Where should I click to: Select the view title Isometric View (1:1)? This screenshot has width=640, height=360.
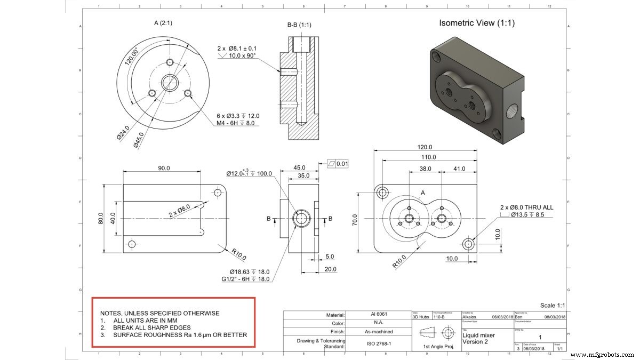[x=476, y=23]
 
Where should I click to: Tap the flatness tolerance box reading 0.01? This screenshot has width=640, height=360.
[x=338, y=164]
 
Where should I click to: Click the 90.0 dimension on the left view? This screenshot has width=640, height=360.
[x=163, y=167]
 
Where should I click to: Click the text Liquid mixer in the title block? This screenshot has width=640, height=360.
[x=478, y=335]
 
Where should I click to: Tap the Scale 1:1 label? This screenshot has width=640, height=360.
[x=552, y=306]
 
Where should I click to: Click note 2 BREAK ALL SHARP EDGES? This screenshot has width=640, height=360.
[x=151, y=327]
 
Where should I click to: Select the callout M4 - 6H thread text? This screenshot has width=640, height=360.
[x=235, y=123]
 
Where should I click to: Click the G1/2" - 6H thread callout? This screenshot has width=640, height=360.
[x=246, y=279]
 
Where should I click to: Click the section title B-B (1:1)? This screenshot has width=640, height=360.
[x=299, y=25]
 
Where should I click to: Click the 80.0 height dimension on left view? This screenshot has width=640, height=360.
[x=101, y=219]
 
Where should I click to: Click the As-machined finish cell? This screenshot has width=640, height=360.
[x=380, y=332]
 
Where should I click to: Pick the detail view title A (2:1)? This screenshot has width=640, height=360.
[x=166, y=23]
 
